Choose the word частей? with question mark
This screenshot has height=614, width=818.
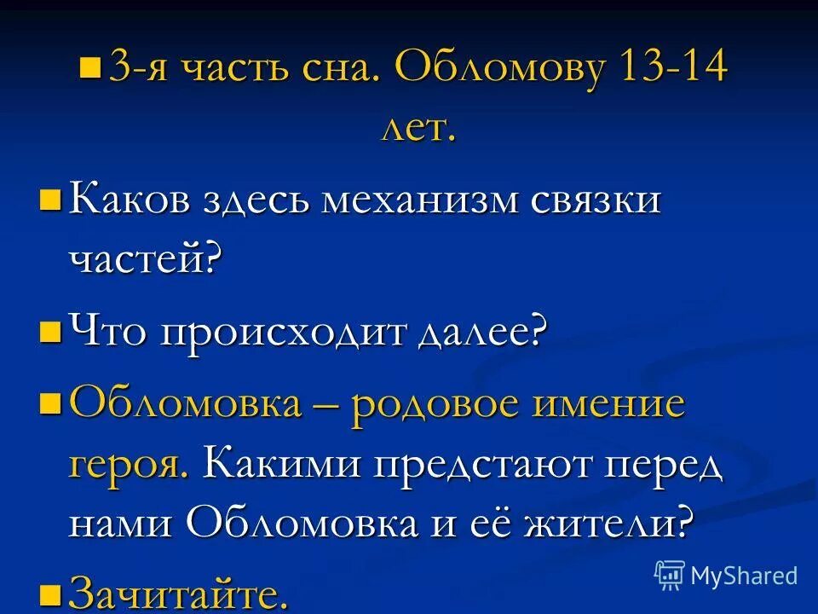[x=144, y=258]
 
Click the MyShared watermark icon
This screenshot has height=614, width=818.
[x=670, y=576]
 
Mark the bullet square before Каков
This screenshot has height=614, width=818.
[x=50, y=201]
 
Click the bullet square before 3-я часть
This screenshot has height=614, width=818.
[x=89, y=67]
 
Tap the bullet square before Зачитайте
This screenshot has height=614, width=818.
[x=50, y=590]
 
